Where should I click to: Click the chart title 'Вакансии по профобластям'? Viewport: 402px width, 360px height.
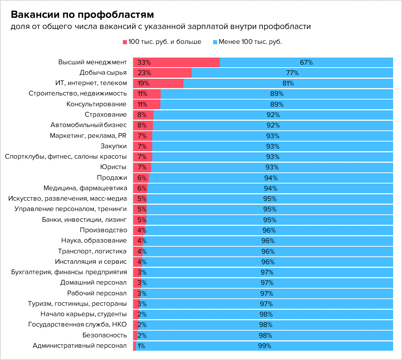[82, 15]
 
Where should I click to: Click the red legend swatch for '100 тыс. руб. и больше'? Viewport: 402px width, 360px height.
[125, 42]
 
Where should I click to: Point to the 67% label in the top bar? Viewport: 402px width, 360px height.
[306, 62]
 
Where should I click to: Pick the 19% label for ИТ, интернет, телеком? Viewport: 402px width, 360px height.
[143, 83]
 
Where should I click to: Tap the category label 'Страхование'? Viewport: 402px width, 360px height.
[105, 114]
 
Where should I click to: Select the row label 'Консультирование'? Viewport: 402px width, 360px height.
[97, 104]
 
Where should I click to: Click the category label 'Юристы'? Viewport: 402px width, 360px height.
[114, 167]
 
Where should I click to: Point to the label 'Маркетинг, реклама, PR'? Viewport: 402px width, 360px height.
[88, 136]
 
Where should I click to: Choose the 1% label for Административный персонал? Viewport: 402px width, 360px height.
[141, 346]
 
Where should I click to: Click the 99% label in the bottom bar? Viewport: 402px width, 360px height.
[265, 346]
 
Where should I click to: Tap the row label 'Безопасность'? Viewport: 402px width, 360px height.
[105, 335]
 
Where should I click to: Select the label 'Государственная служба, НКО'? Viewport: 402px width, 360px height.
[78, 325]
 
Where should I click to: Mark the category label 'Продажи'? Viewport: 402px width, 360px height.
[112, 178]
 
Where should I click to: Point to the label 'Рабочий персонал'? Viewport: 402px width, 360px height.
[97, 293]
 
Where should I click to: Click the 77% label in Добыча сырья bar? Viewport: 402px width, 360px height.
[292, 73]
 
